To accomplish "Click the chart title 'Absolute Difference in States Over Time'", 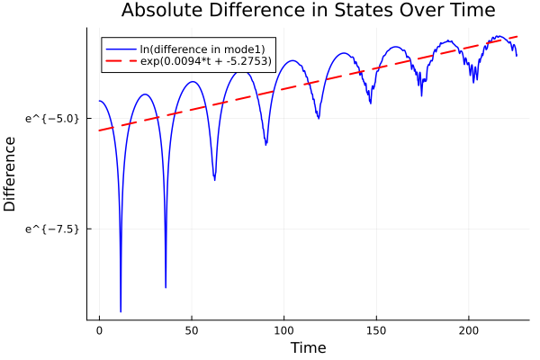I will tap(309, 11).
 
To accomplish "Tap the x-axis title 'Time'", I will tap(308, 347).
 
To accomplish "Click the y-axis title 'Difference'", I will tap(11, 174).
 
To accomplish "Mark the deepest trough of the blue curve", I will tap(121, 310).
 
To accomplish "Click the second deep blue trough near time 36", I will tap(166, 287).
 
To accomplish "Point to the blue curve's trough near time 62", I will tap(214, 179).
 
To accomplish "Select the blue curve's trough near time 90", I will tap(265, 144).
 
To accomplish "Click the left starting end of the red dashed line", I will tap(100, 130).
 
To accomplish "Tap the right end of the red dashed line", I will tap(517, 37).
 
